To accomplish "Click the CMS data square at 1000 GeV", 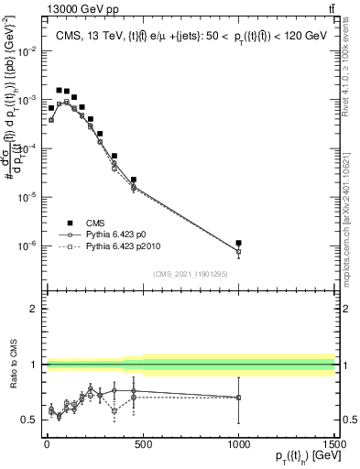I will pos(238,244).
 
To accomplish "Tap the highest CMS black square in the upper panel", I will pos(60,91).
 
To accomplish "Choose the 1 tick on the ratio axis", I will pos(35,365).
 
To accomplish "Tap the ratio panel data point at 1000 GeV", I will pos(238,397).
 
